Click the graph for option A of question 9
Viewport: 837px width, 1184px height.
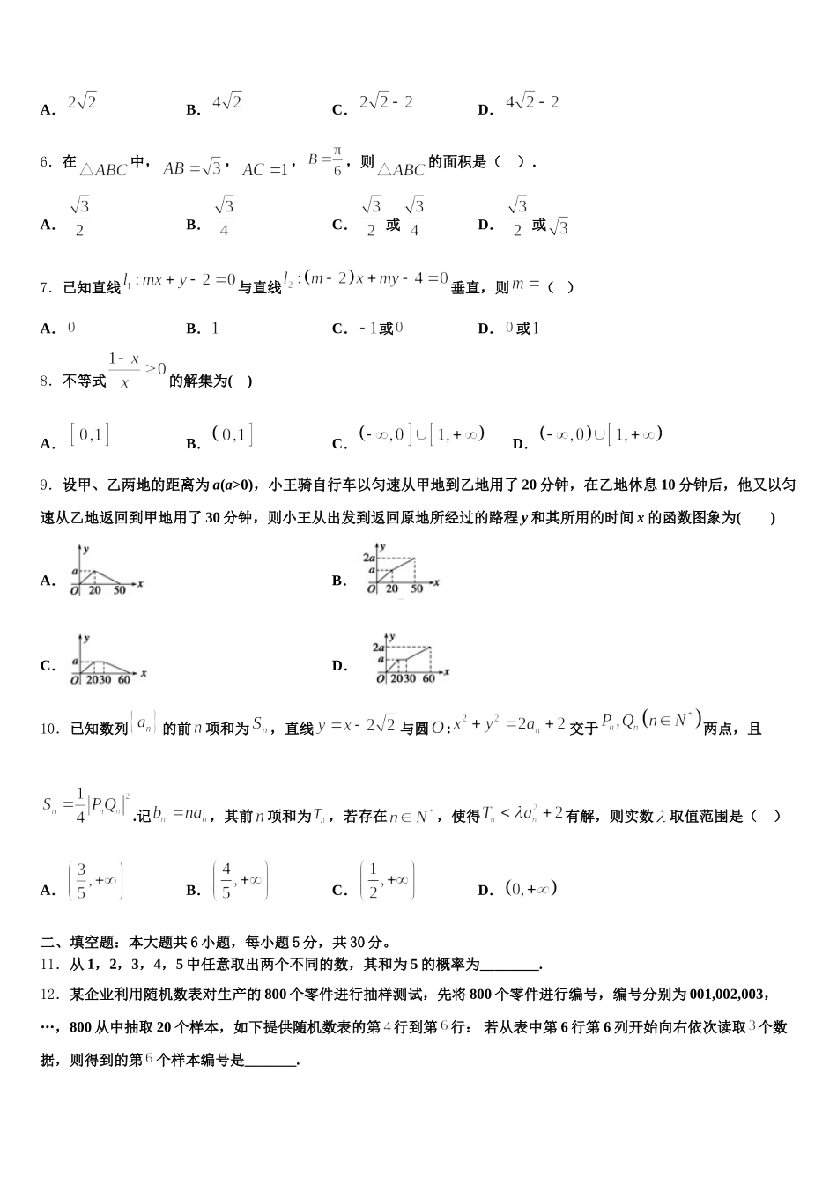pos(107,573)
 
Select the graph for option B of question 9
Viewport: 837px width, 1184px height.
pos(400,573)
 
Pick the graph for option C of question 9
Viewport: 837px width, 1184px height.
pos(108,660)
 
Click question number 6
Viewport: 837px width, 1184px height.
pos(48,162)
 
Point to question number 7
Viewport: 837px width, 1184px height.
pos(48,287)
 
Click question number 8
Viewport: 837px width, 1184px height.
pos(48,381)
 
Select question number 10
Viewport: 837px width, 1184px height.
pos(51,729)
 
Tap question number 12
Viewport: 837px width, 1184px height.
pos(51,995)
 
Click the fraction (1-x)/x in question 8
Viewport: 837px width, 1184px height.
pos(124,371)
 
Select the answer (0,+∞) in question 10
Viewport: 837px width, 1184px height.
pos(531,889)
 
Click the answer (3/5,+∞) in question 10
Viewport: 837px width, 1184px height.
pos(95,880)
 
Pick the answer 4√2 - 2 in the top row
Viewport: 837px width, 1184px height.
pos(532,102)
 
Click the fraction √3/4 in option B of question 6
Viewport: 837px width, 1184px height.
pos(224,217)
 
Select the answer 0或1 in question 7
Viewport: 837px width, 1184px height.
pos(522,329)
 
